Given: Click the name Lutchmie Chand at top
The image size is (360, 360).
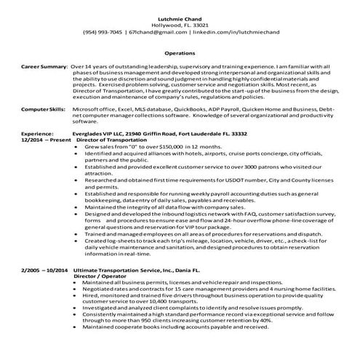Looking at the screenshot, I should point(180,17).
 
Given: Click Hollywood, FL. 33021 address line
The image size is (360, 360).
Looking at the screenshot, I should point(180,24).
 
